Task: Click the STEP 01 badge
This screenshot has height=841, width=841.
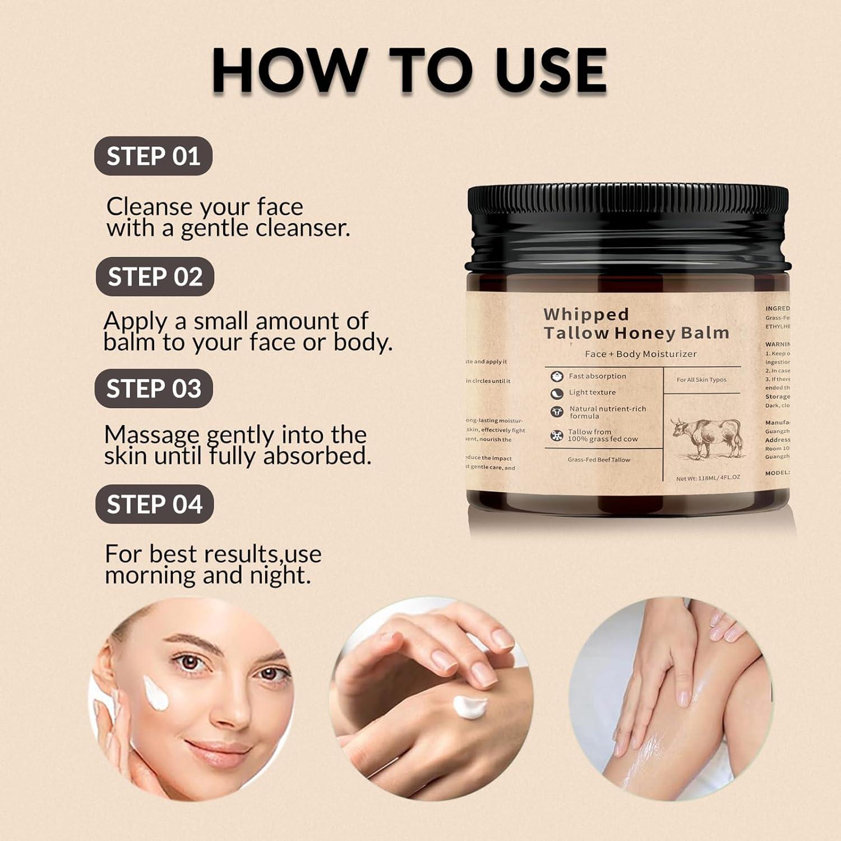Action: pos(153,156)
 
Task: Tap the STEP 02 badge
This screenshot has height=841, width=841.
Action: pos(155,276)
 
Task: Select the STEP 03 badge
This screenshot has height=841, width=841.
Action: pos(154,389)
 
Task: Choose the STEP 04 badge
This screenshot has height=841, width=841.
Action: pos(154,504)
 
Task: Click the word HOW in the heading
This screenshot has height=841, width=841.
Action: pos(290,71)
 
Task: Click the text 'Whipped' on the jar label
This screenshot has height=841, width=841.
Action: pos(586,314)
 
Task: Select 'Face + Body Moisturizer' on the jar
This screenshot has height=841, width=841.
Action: pos(640,354)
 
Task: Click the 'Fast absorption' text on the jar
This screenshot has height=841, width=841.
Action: pos(597,376)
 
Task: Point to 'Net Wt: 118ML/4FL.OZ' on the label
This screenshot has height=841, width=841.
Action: pos(708,478)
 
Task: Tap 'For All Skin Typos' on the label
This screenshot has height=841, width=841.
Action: pos(701,380)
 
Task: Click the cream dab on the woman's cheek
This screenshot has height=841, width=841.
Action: pos(156,692)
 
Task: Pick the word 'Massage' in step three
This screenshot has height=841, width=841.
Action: pos(151,435)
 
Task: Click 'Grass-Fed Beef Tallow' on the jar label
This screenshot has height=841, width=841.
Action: pos(598,460)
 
